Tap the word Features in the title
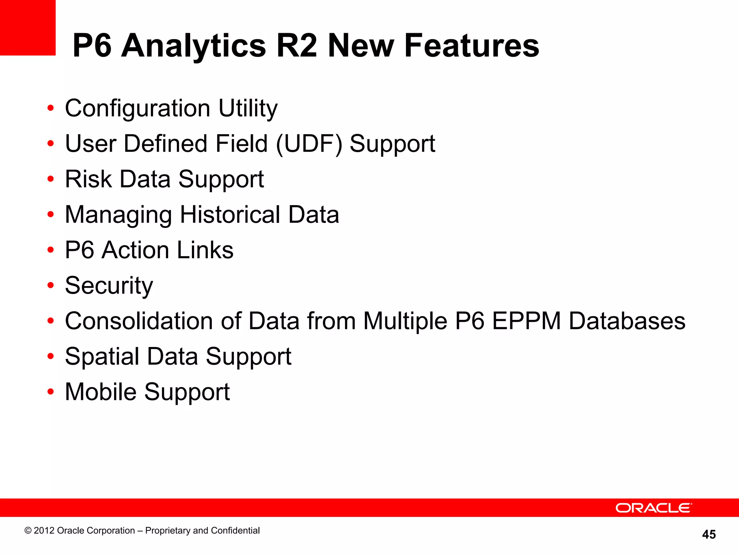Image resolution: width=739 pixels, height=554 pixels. coord(472,46)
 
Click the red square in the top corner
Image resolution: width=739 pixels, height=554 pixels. coord(27,27)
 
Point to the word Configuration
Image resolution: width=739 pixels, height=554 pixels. coord(137,108)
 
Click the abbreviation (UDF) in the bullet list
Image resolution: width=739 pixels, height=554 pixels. coord(309,144)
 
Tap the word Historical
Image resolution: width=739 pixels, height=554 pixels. coord(230,215)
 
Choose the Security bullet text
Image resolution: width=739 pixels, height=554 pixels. coord(109,286)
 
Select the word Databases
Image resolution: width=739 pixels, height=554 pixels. coord(627,321)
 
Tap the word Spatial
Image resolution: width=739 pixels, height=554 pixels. coord(102,356)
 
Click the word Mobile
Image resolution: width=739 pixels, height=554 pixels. coord(101,392)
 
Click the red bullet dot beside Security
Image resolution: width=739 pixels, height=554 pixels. coord(51,285)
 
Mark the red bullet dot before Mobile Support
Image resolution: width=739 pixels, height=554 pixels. coord(51,392)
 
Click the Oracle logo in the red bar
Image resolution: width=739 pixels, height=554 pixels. coord(653,508)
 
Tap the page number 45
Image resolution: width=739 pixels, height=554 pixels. coord(709,534)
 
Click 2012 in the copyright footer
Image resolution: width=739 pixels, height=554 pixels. coord(44,531)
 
